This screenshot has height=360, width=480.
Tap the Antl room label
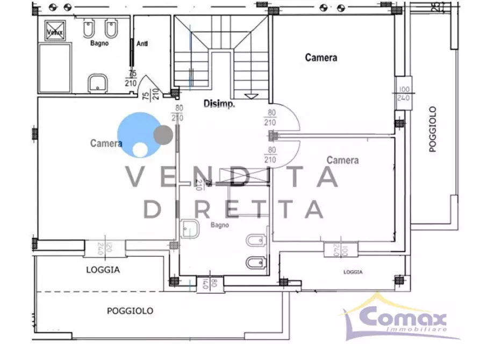[142, 44]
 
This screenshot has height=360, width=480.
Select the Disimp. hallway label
[219, 104]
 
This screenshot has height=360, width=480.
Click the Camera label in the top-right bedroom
[321, 57]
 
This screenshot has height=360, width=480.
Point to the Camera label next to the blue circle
[106, 143]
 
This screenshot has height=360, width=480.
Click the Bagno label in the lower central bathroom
[220, 225]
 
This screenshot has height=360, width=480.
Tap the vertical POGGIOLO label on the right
[433, 129]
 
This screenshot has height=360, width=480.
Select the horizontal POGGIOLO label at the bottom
[130, 311]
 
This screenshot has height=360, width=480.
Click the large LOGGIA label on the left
[103, 270]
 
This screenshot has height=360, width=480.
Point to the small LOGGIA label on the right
[353, 273]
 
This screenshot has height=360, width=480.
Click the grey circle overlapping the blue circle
[162, 134]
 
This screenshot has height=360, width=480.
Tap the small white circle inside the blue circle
[140, 149]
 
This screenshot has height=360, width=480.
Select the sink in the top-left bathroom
[98, 82]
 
